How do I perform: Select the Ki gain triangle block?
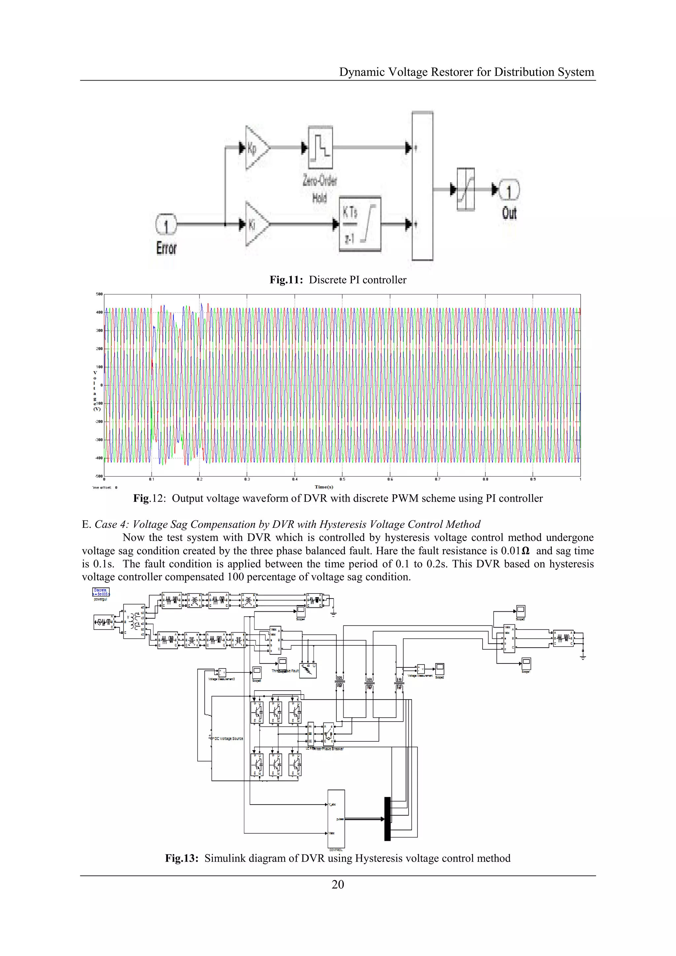[255, 224]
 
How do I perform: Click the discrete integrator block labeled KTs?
[360, 224]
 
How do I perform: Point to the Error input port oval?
[166, 225]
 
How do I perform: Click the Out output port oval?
[509, 190]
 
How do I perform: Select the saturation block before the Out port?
[465, 190]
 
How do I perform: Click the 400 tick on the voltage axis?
[99, 312]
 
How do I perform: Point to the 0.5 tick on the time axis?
[342, 479]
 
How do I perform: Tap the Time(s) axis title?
[324, 487]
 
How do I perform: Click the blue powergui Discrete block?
[100, 592]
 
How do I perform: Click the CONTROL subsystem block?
[336, 819]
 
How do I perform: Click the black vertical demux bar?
[387, 819]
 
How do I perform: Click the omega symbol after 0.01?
[525, 551]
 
